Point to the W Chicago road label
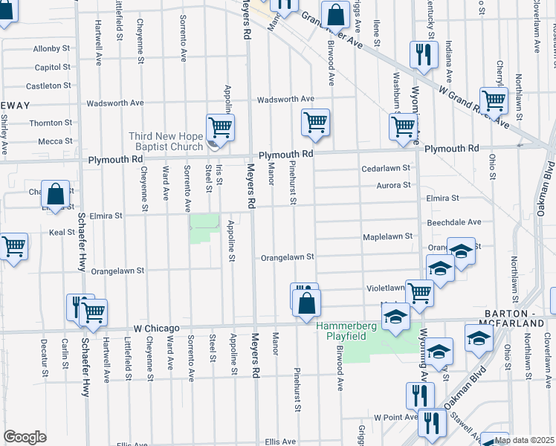(x=157, y=328)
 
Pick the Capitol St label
(x=52, y=67)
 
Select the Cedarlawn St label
(x=386, y=168)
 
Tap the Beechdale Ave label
(x=454, y=222)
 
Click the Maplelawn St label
(x=387, y=236)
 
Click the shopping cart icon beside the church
(x=221, y=128)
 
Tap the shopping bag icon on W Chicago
(x=306, y=303)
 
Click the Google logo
(x=25, y=437)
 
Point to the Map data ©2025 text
(x=523, y=440)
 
